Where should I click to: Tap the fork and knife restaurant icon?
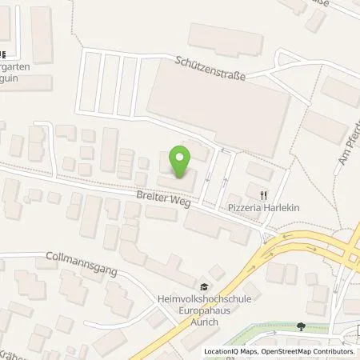pos(262,193)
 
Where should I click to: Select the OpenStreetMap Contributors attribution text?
pos(308,351)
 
